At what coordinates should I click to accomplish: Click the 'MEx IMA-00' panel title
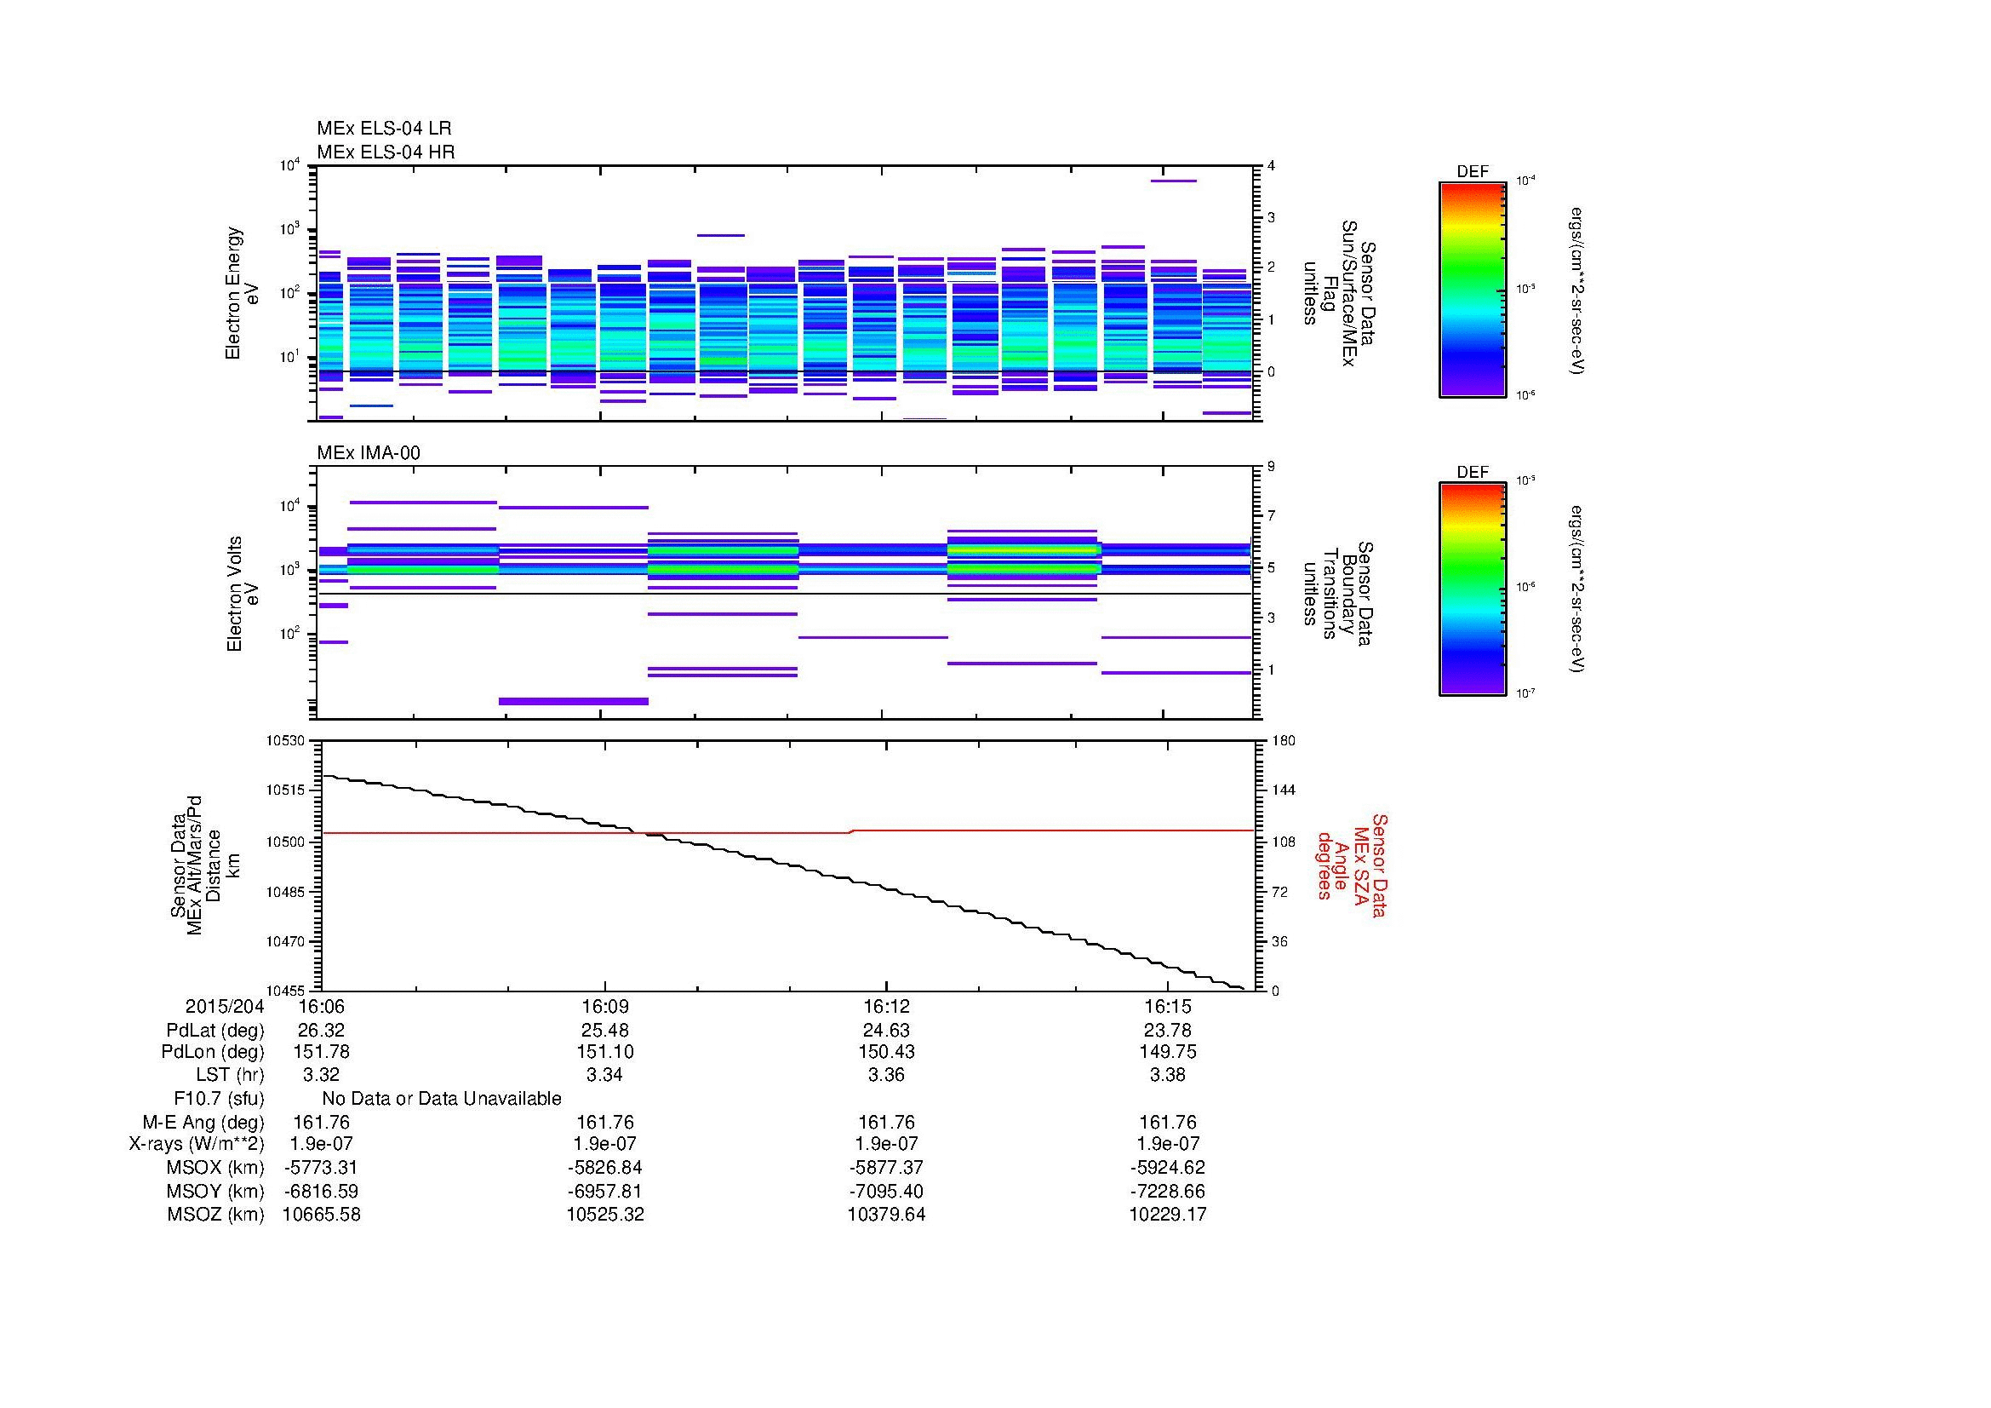pyautogui.click(x=369, y=453)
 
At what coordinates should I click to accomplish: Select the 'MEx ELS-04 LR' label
pyautogui.click(x=383, y=129)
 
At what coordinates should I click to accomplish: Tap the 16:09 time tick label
pyautogui.click(x=604, y=1007)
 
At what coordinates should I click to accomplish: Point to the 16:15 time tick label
pyautogui.click(x=1167, y=1007)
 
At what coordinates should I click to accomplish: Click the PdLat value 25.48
pyautogui.click(x=604, y=1031)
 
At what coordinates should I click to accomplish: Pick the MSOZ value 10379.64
pyautogui.click(x=886, y=1215)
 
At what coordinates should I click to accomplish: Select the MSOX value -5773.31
pyautogui.click(x=321, y=1168)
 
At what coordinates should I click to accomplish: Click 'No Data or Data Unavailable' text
pyautogui.click(x=442, y=1099)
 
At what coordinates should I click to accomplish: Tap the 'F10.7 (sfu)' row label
pyautogui.click(x=219, y=1099)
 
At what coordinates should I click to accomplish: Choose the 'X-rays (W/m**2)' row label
pyautogui.click(x=197, y=1144)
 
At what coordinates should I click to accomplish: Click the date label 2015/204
pyautogui.click(x=225, y=1007)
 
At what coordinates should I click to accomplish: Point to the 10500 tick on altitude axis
pyautogui.click(x=285, y=842)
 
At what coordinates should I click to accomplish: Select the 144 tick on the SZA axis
pyautogui.click(x=1283, y=790)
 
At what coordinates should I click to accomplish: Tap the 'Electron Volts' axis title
pyautogui.click(x=233, y=595)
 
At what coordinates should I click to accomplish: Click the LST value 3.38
pyautogui.click(x=1167, y=1076)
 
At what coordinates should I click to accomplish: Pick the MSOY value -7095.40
pyautogui.click(x=886, y=1191)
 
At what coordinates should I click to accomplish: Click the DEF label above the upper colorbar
pyautogui.click(x=1473, y=172)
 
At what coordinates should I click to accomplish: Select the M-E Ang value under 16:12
pyautogui.click(x=886, y=1123)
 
